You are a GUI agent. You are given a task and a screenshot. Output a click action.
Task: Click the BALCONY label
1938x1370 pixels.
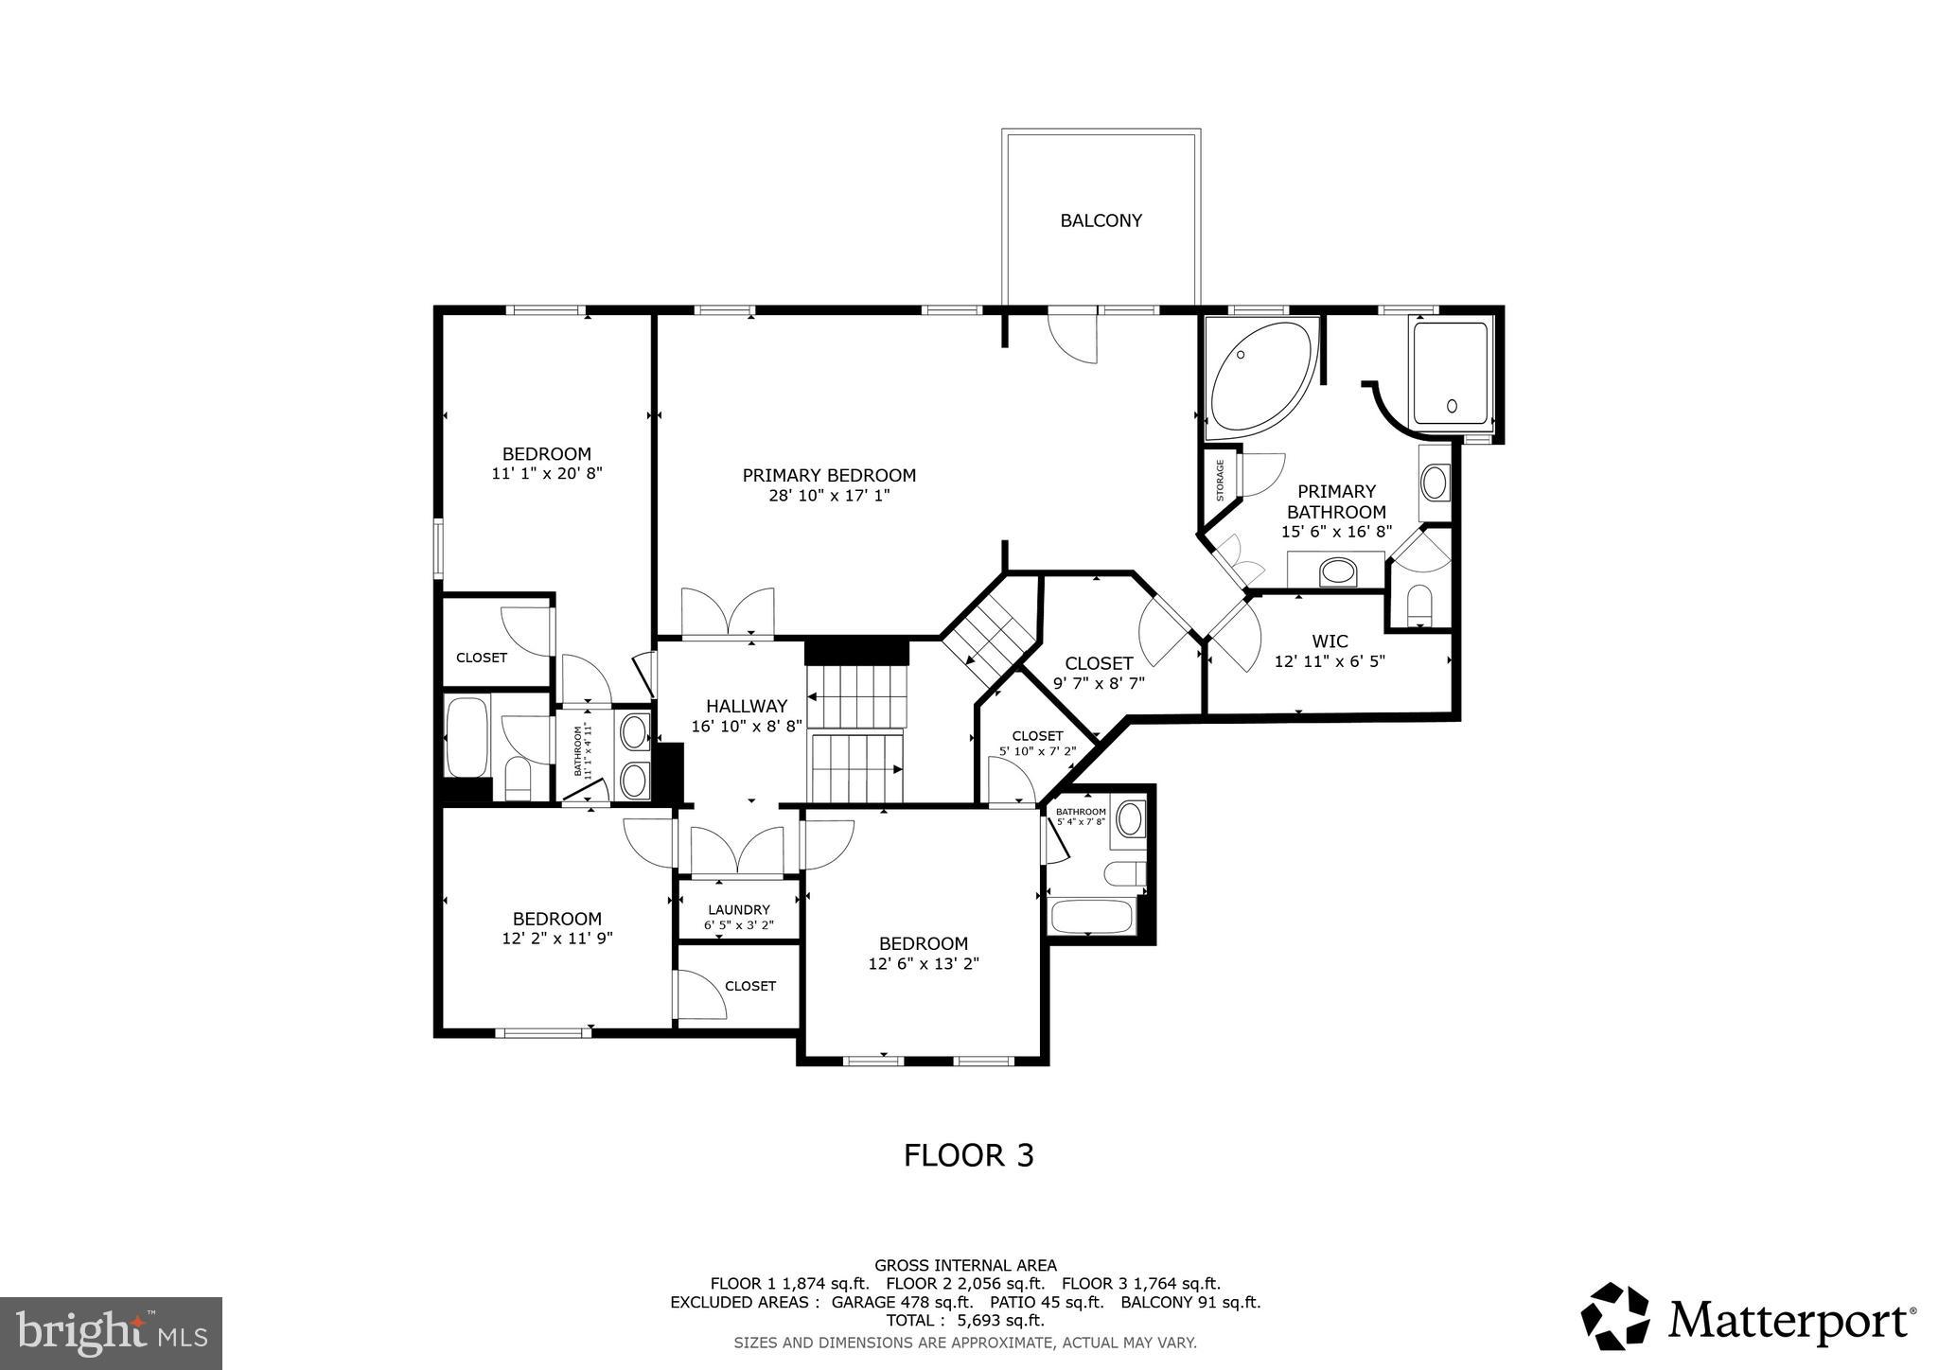[x=1101, y=220]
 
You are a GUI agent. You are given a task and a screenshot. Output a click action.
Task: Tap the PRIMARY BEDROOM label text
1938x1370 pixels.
[x=829, y=475]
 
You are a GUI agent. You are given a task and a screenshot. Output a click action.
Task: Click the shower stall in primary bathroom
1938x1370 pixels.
[x=1450, y=378]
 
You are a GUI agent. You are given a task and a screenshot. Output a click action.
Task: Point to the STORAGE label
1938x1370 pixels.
[x=1221, y=481]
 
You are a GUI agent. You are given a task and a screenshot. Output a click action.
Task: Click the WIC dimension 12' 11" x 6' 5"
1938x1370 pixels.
[x=1330, y=661]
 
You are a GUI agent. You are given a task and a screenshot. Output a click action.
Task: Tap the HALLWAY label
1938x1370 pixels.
[x=746, y=706]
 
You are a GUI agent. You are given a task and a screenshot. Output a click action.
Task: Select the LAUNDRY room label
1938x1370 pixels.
[x=738, y=910]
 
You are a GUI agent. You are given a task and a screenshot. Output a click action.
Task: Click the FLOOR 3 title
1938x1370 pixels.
[x=968, y=1155]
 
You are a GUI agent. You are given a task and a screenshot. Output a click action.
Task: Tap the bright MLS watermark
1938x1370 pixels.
[x=111, y=1332]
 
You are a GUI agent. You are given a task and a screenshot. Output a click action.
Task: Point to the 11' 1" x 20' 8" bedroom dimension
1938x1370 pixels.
[x=547, y=473]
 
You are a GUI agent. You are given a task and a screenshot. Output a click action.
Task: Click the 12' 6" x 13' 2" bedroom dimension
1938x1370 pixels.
[x=923, y=964]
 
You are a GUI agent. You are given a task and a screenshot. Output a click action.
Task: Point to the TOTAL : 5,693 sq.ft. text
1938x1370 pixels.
[x=965, y=1320]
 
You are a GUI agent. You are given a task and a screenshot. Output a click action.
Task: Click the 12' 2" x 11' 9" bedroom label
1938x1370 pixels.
[x=556, y=939]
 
